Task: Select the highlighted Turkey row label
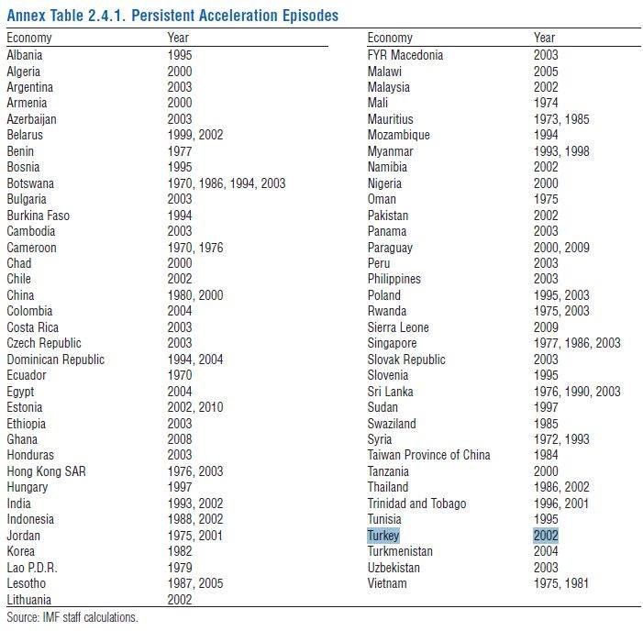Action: (x=383, y=536)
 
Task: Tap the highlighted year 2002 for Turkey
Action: (x=546, y=536)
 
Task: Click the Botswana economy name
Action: (x=30, y=183)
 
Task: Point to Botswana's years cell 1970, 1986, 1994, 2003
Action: (x=226, y=183)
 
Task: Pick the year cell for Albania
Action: (x=180, y=55)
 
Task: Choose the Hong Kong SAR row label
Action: (x=45, y=471)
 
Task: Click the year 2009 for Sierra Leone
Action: (x=546, y=327)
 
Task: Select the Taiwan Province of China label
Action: (x=428, y=455)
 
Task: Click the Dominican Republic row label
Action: (x=55, y=360)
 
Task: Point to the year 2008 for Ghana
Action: (x=180, y=439)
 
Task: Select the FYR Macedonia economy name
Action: (x=405, y=55)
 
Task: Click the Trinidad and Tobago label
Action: (x=416, y=504)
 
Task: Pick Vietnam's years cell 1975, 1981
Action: (x=561, y=583)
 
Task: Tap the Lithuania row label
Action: (x=30, y=600)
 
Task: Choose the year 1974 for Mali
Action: (x=546, y=103)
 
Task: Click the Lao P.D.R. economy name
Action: (x=32, y=568)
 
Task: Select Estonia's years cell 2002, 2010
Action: (x=194, y=407)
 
